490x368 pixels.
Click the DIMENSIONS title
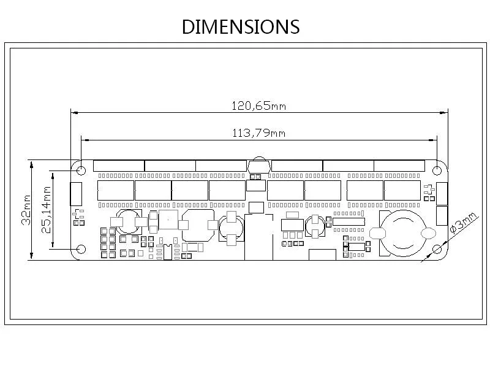(x=241, y=26)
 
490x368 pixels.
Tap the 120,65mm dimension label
(x=258, y=105)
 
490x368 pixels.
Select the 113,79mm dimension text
(x=258, y=133)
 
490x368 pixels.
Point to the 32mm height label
(x=26, y=210)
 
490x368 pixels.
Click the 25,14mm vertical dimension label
(x=47, y=210)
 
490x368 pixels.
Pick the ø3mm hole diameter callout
(x=464, y=223)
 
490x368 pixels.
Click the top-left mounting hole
(x=81, y=171)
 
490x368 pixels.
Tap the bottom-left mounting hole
(x=81, y=249)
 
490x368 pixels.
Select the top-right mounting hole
(x=437, y=171)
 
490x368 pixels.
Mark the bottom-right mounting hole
(x=437, y=249)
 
